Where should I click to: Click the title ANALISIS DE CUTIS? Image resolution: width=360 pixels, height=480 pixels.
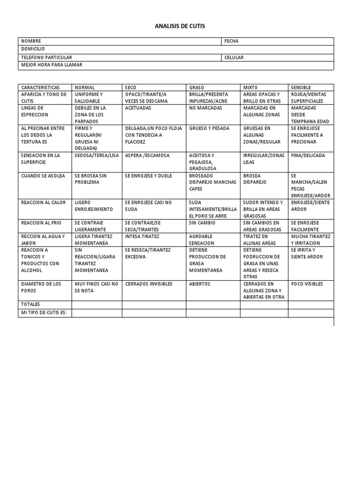click(180, 26)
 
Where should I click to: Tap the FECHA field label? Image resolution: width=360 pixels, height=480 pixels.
click(232, 41)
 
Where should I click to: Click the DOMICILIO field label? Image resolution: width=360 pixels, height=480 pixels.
click(33, 49)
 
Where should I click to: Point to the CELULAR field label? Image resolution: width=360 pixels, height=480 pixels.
click(234, 58)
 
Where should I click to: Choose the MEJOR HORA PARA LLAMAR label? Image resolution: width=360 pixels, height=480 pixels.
click(52, 65)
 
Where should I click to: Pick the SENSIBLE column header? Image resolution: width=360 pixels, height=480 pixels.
click(301, 88)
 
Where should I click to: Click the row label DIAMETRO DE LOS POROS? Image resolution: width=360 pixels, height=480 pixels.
click(41, 287)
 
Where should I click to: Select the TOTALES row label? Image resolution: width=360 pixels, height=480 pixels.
click(30, 305)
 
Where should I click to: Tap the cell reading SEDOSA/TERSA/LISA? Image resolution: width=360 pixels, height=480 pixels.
click(97, 156)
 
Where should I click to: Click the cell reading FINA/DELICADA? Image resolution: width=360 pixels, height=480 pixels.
click(308, 156)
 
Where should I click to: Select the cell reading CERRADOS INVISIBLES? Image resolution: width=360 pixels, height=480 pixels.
click(149, 284)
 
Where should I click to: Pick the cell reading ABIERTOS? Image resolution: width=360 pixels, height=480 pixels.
click(200, 284)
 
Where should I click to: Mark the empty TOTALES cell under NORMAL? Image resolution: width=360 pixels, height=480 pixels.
click(97, 305)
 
